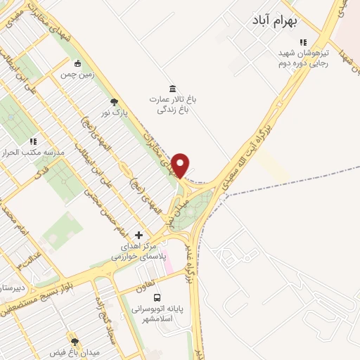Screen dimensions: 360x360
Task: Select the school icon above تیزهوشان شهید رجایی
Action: pyautogui.click(x=303, y=43)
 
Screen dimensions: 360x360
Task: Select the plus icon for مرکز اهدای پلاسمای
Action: pyautogui.click(x=139, y=234)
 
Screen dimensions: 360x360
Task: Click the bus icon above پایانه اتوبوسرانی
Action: pyautogui.click(x=157, y=297)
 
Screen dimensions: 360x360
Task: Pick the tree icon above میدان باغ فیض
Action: pyautogui.click(x=72, y=340)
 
